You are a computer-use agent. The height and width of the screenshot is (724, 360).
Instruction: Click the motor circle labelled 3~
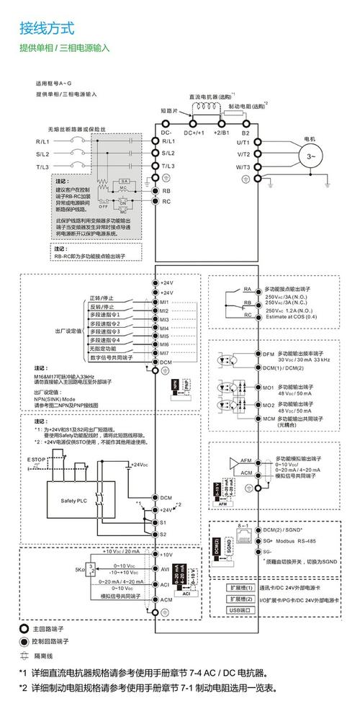[312, 154]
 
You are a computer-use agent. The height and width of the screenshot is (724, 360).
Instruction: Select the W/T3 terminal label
[243, 166]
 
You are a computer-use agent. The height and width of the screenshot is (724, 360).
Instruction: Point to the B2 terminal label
[245, 133]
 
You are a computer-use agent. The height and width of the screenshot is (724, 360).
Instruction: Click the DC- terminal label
[166, 133]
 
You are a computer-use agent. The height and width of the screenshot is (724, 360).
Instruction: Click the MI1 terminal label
[165, 302]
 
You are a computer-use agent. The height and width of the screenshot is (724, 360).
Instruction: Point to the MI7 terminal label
[165, 353]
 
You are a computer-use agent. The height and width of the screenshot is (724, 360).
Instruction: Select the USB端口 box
[238, 610]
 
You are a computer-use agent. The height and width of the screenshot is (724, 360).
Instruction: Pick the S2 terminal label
[164, 534]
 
